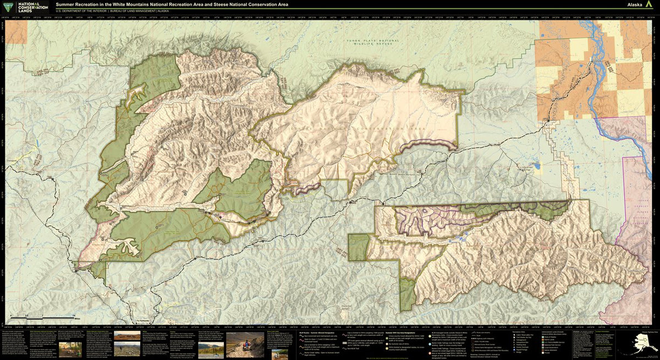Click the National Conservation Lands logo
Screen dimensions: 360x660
[24, 7]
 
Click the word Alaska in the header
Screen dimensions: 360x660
[635, 5]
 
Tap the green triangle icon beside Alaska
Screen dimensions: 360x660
[649, 5]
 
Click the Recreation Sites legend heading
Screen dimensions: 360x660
[519, 331]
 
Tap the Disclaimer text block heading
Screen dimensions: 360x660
[577, 331]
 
